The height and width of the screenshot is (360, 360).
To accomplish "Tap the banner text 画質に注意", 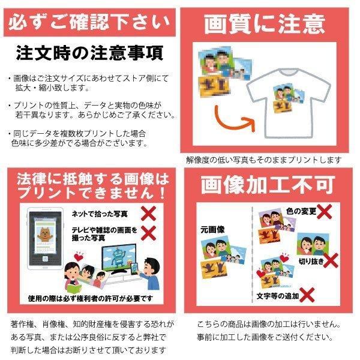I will pyautogui.click(x=265, y=24).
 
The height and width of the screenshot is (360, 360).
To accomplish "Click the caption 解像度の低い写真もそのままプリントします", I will pyautogui.click(x=264, y=160).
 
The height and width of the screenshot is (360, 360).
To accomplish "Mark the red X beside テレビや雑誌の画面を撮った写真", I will pyautogui.click(x=148, y=232).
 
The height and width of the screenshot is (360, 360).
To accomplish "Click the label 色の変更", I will pyautogui.click(x=299, y=211).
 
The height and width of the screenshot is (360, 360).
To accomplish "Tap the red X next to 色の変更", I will pyautogui.click(x=325, y=211).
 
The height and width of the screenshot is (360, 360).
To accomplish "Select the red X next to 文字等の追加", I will pyautogui.click(x=308, y=295).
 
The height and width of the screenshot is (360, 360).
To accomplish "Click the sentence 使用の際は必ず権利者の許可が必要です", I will pyautogui.click(x=90, y=298).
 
